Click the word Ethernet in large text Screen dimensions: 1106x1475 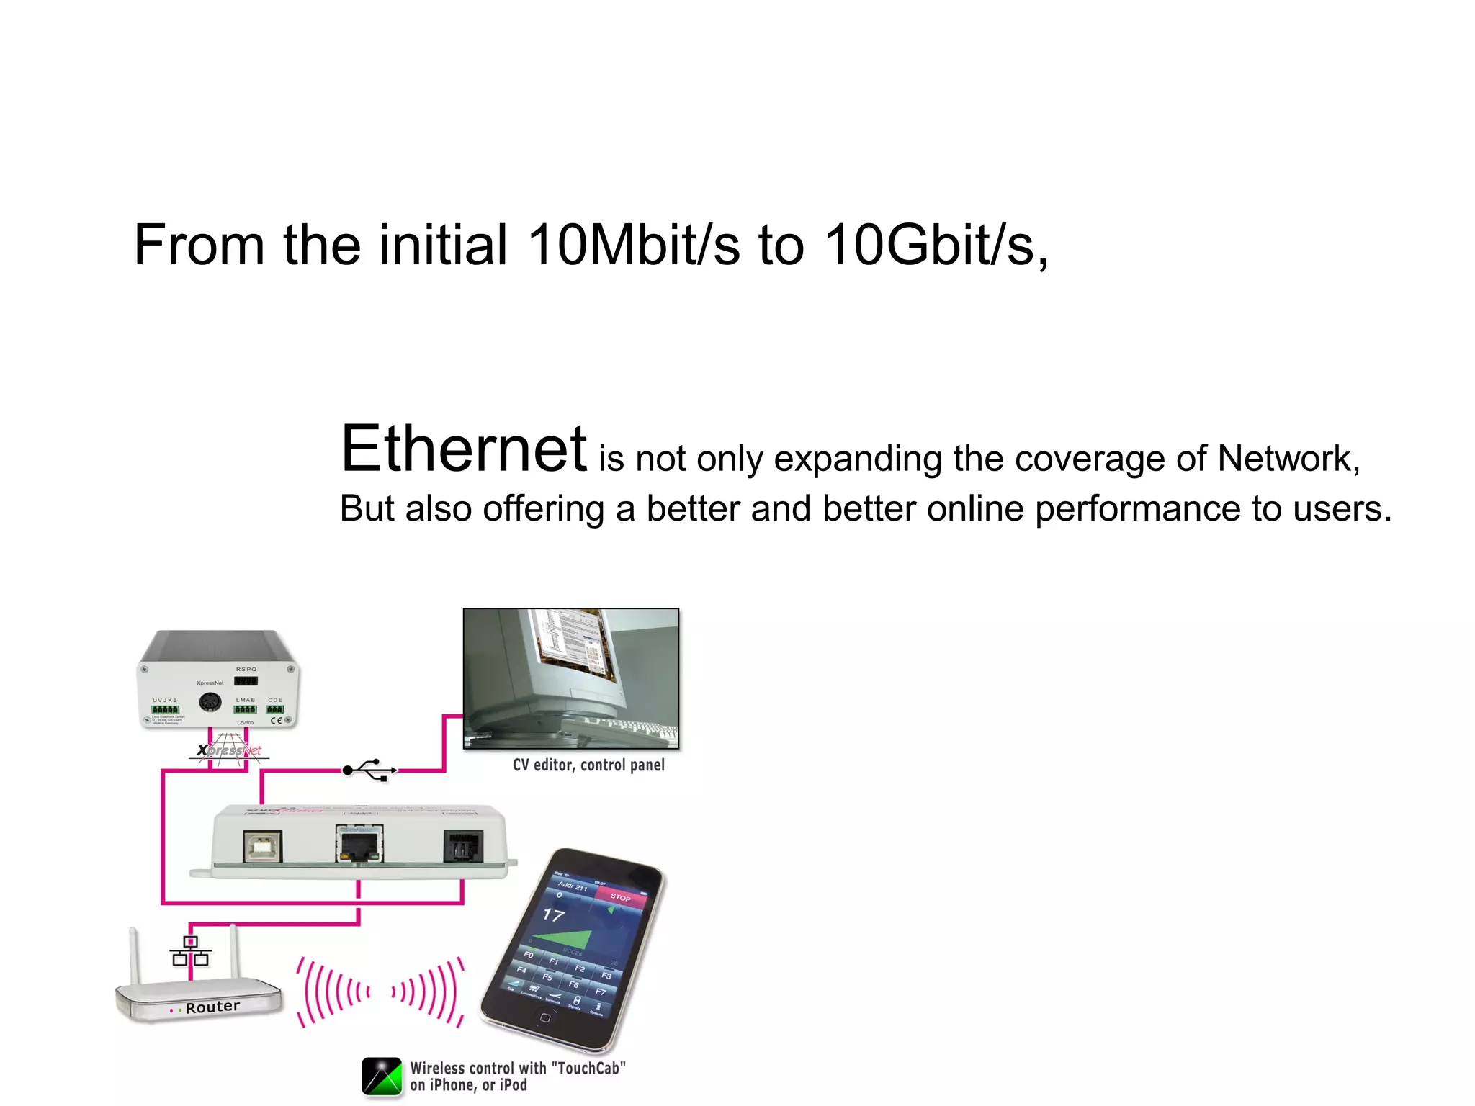coord(464,449)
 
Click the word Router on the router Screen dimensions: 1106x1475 coord(212,1007)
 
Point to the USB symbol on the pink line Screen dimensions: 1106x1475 coord(369,770)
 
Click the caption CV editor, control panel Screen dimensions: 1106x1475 coord(588,765)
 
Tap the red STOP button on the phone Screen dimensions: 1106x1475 coord(620,897)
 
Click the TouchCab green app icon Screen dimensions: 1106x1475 coord(382,1076)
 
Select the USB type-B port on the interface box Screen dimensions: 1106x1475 coord(264,847)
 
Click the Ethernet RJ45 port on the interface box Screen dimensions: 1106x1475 coord(359,844)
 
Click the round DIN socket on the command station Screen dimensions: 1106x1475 coord(210,702)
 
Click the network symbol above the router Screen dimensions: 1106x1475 coord(191,951)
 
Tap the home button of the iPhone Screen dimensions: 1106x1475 coord(545,1017)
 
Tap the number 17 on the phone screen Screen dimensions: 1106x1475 coord(553,915)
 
